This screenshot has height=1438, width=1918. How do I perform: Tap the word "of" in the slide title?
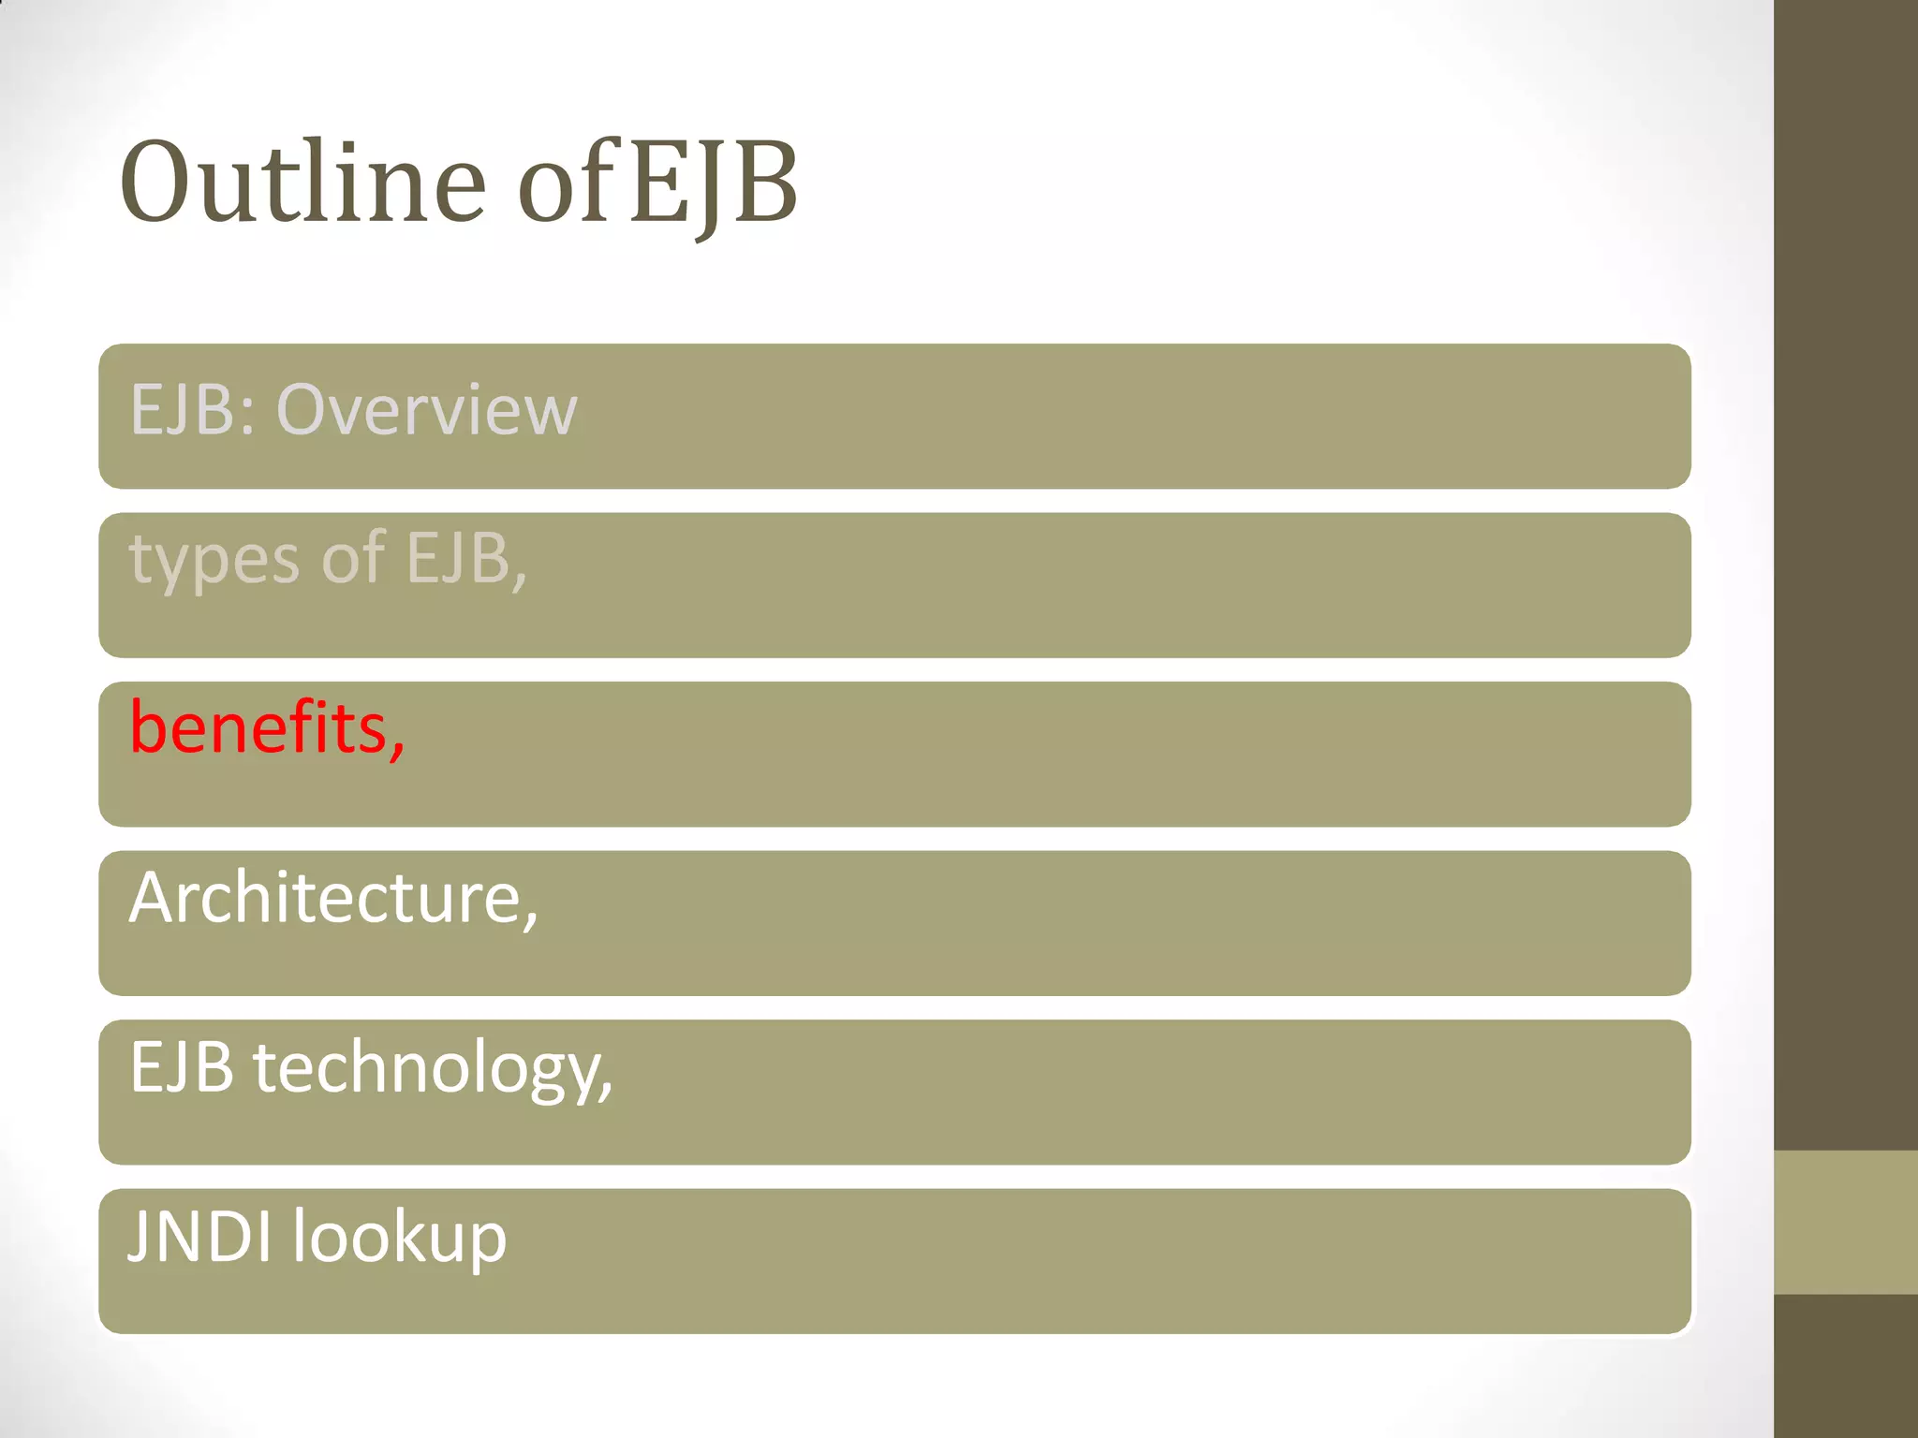pos(568,182)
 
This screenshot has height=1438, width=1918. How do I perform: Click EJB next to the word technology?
pos(182,1067)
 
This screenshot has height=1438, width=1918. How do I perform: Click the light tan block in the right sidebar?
pos(1846,1222)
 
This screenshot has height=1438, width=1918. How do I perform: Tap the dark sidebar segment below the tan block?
pos(1846,1366)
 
